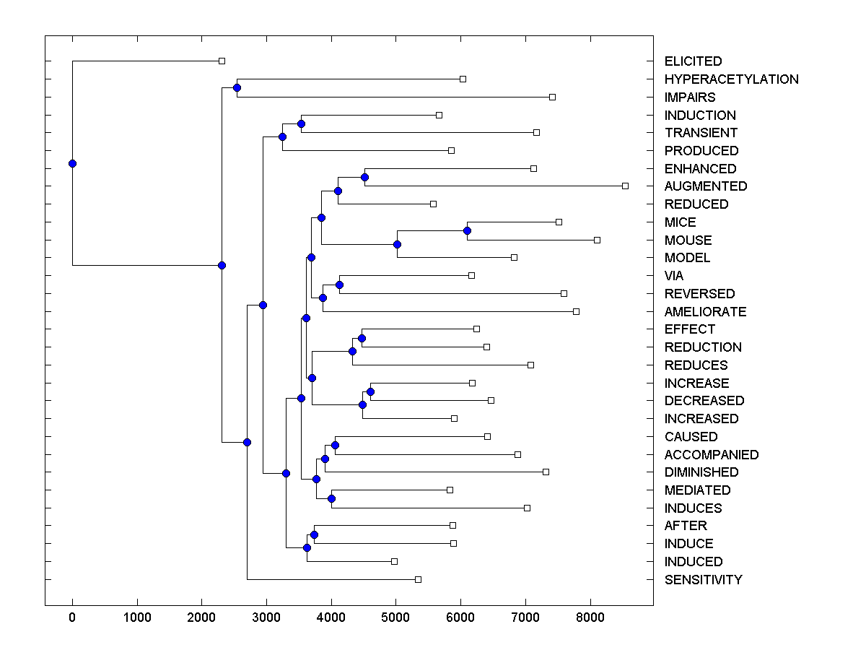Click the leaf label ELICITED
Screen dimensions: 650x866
pos(693,61)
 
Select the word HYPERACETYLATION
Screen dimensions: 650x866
pos(731,79)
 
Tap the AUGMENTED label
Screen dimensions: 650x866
pos(705,186)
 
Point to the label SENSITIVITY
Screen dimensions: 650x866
pos(703,580)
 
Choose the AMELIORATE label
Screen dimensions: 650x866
pos(705,312)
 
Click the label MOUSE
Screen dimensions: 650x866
pos(688,240)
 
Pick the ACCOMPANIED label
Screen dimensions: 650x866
pos(711,455)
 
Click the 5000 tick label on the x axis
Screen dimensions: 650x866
pos(395,618)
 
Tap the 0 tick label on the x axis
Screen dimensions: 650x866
pos(72,618)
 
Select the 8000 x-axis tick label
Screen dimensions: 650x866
pos(590,618)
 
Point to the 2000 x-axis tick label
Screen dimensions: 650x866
pos(201,618)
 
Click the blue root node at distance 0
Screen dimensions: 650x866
pos(72,163)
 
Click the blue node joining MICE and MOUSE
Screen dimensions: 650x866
pos(467,230)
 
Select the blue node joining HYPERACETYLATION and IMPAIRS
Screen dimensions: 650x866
pos(237,87)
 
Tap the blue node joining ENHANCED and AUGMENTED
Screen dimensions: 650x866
pos(364,177)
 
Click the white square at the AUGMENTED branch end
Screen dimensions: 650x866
pos(625,186)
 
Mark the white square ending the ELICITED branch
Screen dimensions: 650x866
pos(222,61)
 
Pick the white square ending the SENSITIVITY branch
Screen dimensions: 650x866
pos(418,579)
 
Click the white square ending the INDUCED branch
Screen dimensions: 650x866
pos(394,561)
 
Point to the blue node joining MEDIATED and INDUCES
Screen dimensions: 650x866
pos(331,498)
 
